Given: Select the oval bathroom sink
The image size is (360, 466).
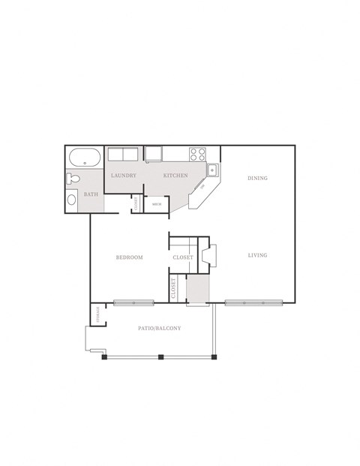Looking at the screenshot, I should point(71,199).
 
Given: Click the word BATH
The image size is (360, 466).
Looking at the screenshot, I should point(91,194).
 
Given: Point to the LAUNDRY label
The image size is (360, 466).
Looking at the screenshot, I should point(123,176).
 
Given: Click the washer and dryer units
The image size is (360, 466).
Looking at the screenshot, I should point(122,155).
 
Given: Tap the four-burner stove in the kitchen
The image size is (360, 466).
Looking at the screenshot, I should point(197,155).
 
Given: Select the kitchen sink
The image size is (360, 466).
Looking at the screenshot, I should point(213,169).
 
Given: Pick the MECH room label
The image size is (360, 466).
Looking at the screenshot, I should point(157,203).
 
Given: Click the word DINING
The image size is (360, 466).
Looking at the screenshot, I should point(257,178).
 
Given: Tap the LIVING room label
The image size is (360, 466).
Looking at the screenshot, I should point(257,255).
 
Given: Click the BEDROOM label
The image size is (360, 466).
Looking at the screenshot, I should point(129,257).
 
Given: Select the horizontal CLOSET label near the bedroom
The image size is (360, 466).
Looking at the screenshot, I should point(183,257).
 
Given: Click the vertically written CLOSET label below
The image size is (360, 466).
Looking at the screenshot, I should point(174,288).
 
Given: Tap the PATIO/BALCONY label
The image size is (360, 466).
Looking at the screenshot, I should point(160,329).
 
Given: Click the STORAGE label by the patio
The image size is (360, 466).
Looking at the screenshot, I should point(97,315).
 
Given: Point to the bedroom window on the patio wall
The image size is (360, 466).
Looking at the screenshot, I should point(133,303).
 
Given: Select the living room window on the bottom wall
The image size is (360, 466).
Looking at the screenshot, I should point(254,303).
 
